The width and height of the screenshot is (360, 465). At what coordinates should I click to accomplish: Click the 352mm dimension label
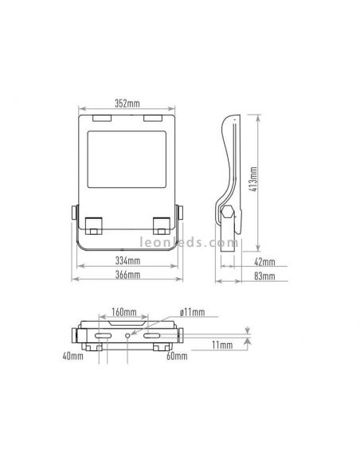(127, 104)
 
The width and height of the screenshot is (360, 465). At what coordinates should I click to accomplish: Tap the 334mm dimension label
(127, 260)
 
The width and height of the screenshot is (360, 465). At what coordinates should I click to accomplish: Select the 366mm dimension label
(127, 275)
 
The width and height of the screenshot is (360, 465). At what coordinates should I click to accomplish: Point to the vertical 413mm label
(254, 179)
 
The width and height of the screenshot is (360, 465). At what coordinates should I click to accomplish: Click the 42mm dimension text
(264, 262)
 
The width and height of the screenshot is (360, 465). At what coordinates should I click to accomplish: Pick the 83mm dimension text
(264, 276)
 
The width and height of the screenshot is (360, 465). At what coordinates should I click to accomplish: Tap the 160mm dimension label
(124, 312)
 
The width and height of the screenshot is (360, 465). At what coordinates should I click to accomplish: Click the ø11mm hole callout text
(192, 312)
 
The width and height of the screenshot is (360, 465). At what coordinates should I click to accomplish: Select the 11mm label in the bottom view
(222, 345)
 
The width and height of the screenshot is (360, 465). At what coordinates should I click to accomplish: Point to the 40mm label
(73, 356)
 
